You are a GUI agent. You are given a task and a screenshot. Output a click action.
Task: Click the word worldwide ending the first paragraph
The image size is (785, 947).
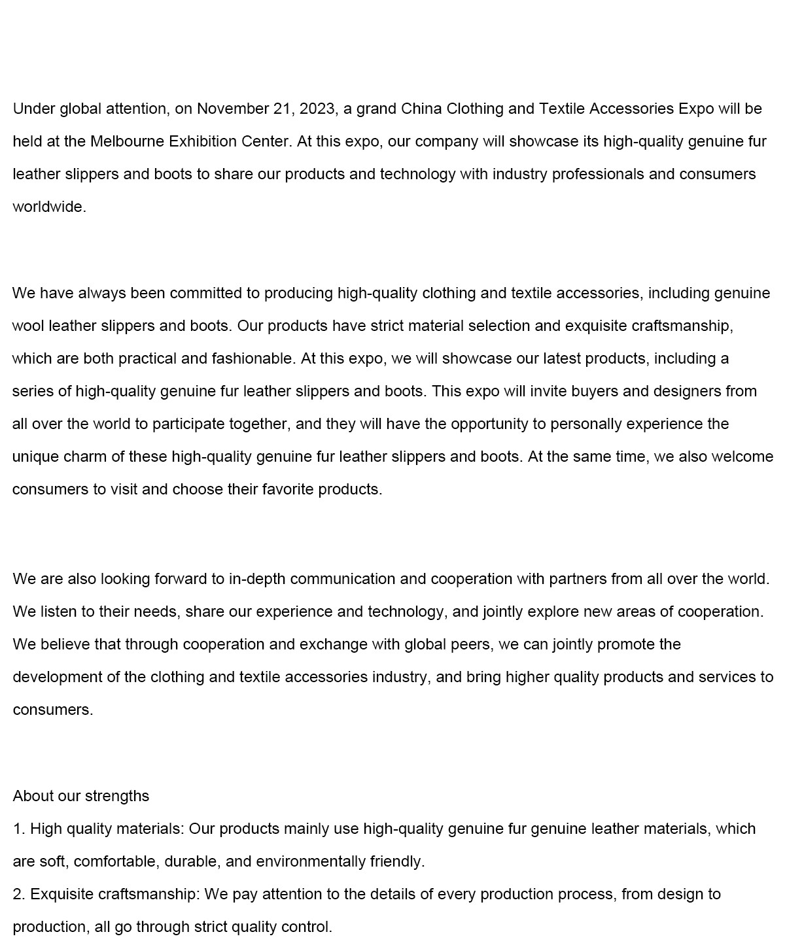[x=48, y=207]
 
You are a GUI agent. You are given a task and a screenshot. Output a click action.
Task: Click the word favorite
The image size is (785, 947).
[x=288, y=489]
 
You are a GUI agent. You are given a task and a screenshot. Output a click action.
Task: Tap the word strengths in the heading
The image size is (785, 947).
[x=116, y=796]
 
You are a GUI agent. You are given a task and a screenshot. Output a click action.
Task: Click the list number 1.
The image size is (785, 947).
[x=18, y=829]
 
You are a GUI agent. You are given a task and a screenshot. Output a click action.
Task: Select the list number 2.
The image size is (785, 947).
[x=18, y=894]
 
